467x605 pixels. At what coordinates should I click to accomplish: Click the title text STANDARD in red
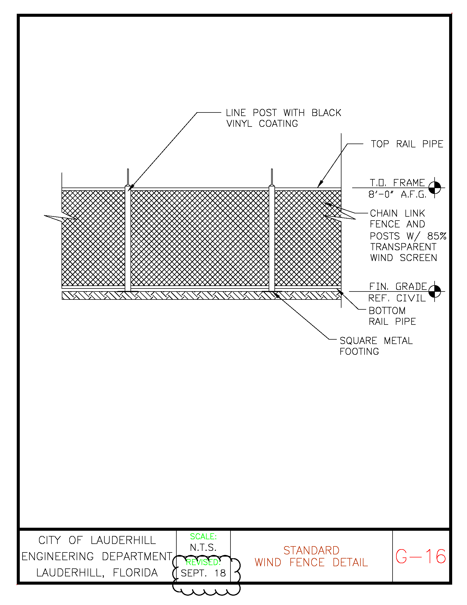(x=311, y=551)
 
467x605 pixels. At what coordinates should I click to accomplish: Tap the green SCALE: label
(x=203, y=537)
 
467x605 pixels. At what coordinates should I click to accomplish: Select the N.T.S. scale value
(x=203, y=547)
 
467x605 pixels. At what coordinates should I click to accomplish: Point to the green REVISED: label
(x=203, y=562)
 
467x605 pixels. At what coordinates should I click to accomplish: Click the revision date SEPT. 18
(x=203, y=573)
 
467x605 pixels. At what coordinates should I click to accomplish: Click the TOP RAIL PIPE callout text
(x=407, y=144)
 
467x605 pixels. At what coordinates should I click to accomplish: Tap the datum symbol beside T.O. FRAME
(x=434, y=188)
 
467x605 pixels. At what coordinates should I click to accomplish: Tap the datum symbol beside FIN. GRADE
(x=434, y=291)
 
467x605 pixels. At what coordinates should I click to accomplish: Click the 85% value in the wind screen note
(x=437, y=236)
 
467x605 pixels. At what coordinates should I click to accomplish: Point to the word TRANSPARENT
(x=403, y=247)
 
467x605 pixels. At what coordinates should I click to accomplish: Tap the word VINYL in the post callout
(x=239, y=123)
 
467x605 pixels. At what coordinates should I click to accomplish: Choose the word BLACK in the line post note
(x=326, y=113)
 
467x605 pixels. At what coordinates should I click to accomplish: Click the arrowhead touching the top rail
(x=320, y=184)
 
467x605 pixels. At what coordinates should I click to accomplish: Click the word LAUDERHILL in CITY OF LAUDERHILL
(x=123, y=540)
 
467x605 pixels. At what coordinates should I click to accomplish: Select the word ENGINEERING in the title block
(x=58, y=556)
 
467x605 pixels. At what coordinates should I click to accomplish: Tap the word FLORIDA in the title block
(x=135, y=573)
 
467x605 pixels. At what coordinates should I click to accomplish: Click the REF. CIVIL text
(x=397, y=298)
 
